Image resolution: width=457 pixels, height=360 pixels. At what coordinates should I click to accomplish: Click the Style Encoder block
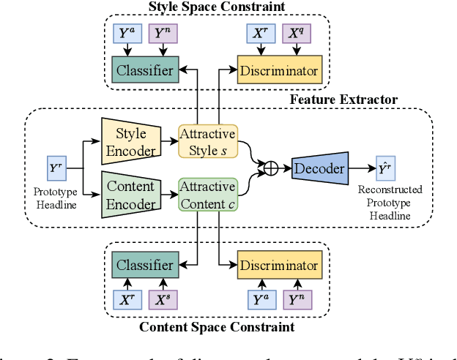coord(130,142)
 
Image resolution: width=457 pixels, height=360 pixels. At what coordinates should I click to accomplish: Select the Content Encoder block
coord(130,195)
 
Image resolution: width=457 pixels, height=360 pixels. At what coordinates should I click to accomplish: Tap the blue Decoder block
coord(319,168)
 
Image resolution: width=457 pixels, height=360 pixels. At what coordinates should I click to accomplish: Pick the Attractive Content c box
coord(207,195)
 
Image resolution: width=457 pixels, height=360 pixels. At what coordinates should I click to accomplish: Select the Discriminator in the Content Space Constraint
coord(278,265)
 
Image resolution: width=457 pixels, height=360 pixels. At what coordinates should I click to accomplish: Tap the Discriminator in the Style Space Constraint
coord(278,70)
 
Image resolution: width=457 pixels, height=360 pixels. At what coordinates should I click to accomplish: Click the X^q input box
coord(296,34)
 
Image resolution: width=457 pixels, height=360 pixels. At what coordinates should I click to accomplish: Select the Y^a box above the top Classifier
coord(128,34)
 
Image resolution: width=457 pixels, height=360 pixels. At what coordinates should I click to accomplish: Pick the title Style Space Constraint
coord(217,7)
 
